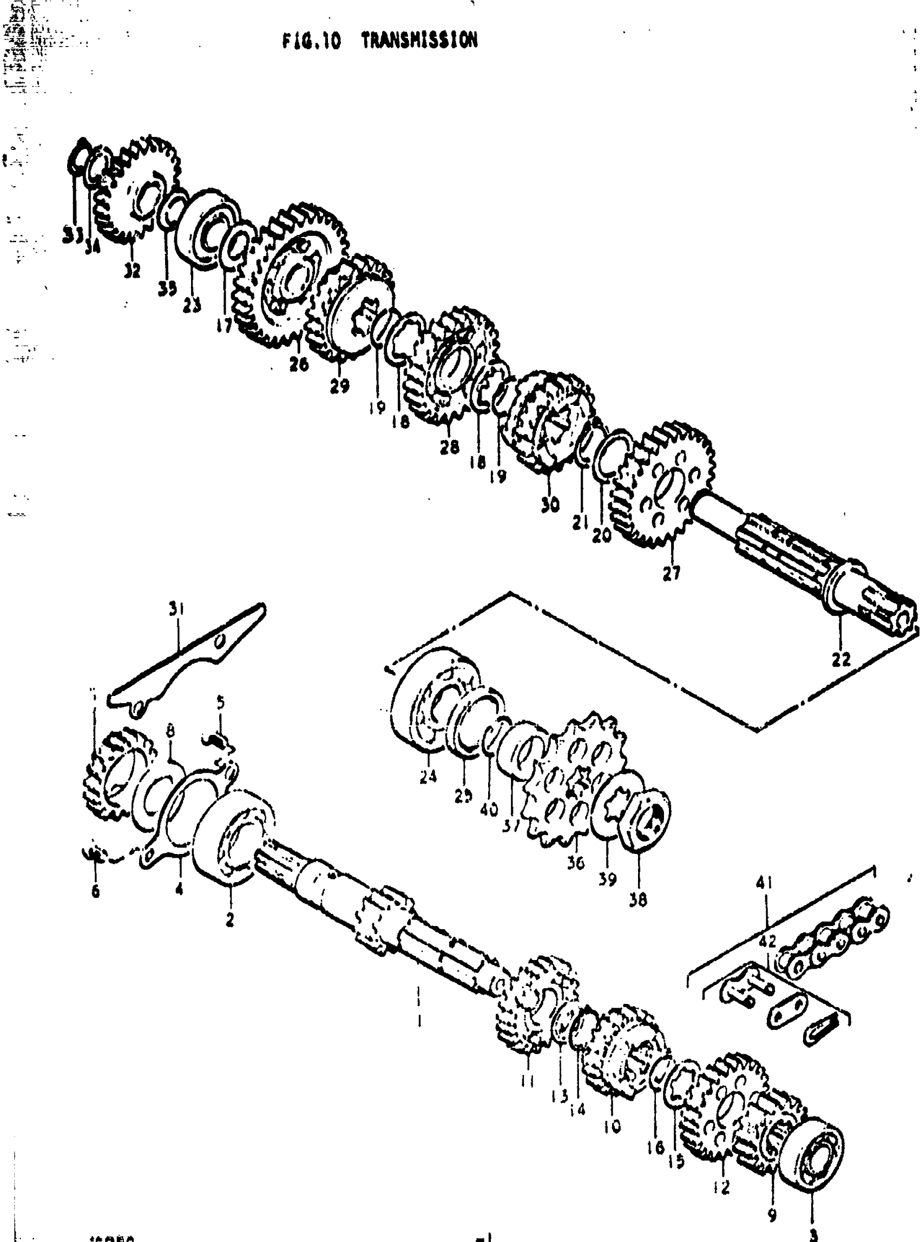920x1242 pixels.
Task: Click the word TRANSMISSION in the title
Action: pos(419,41)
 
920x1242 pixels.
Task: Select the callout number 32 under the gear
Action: pos(132,271)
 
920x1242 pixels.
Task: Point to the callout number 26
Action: pos(299,365)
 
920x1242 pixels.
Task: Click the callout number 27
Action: pos(672,573)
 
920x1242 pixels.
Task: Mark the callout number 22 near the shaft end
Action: pos(841,660)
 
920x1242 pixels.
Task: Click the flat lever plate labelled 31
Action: pos(189,657)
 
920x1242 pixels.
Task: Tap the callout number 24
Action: pos(428,777)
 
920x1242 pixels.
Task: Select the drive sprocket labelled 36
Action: pos(579,780)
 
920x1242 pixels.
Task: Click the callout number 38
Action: pos(638,899)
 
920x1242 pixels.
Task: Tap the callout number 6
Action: pos(96,891)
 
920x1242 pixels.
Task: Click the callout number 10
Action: pos(612,1127)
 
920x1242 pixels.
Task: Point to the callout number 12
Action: pos(721,1187)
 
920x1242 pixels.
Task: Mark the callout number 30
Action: pos(550,505)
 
